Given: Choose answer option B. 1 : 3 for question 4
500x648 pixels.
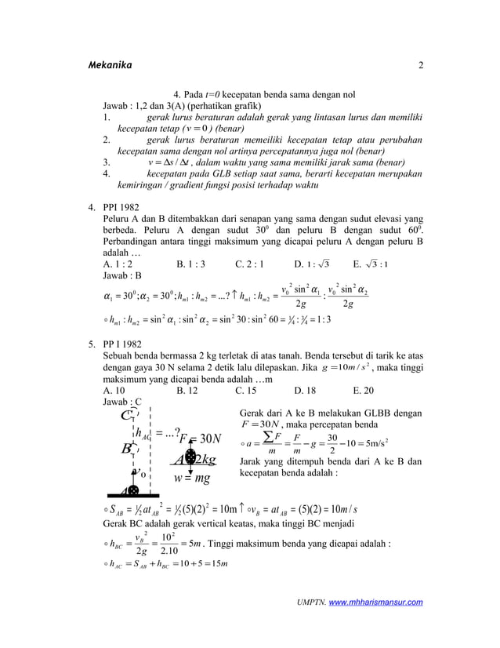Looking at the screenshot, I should [192, 264].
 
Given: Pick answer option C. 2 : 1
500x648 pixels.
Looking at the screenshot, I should [250, 264].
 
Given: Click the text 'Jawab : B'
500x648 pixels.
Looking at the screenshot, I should [122, 276].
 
